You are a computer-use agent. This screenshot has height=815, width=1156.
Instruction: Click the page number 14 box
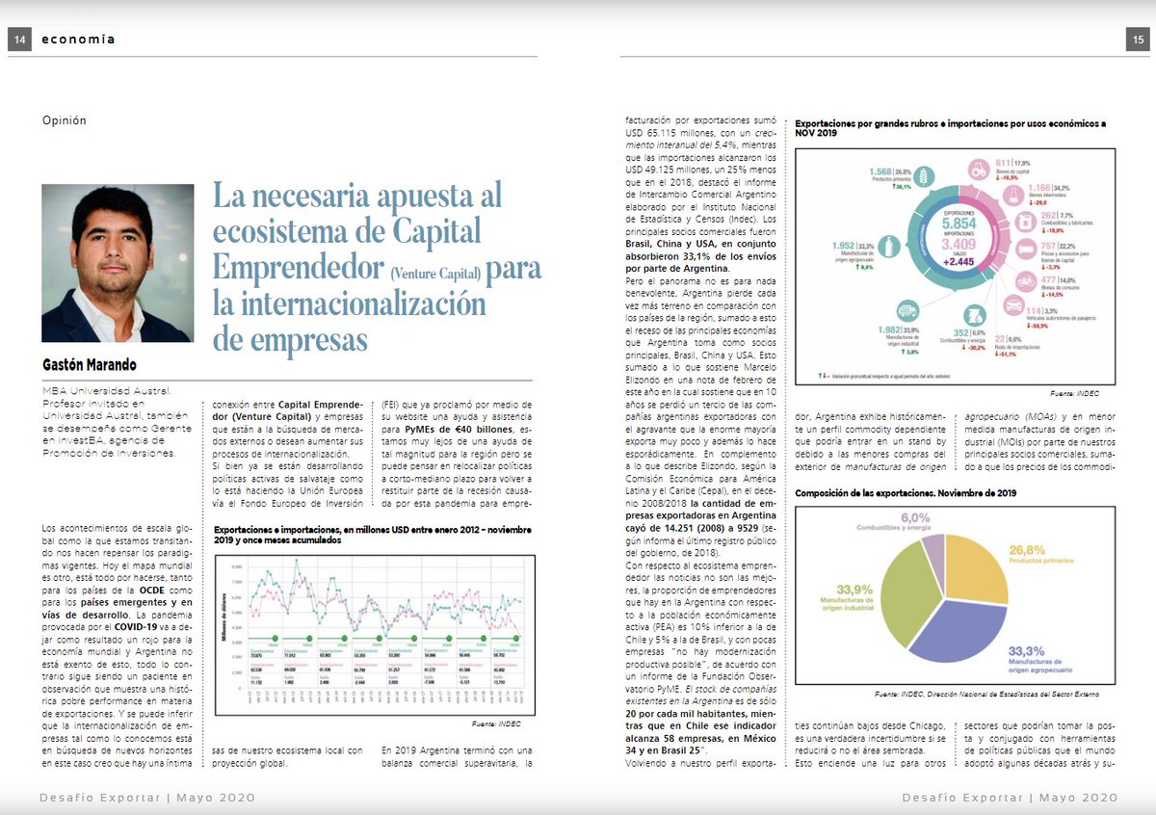point(20,39)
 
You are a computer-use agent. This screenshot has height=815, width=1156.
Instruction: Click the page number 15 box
point(1137,39)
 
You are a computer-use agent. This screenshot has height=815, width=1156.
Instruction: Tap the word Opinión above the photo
point(65,120)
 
